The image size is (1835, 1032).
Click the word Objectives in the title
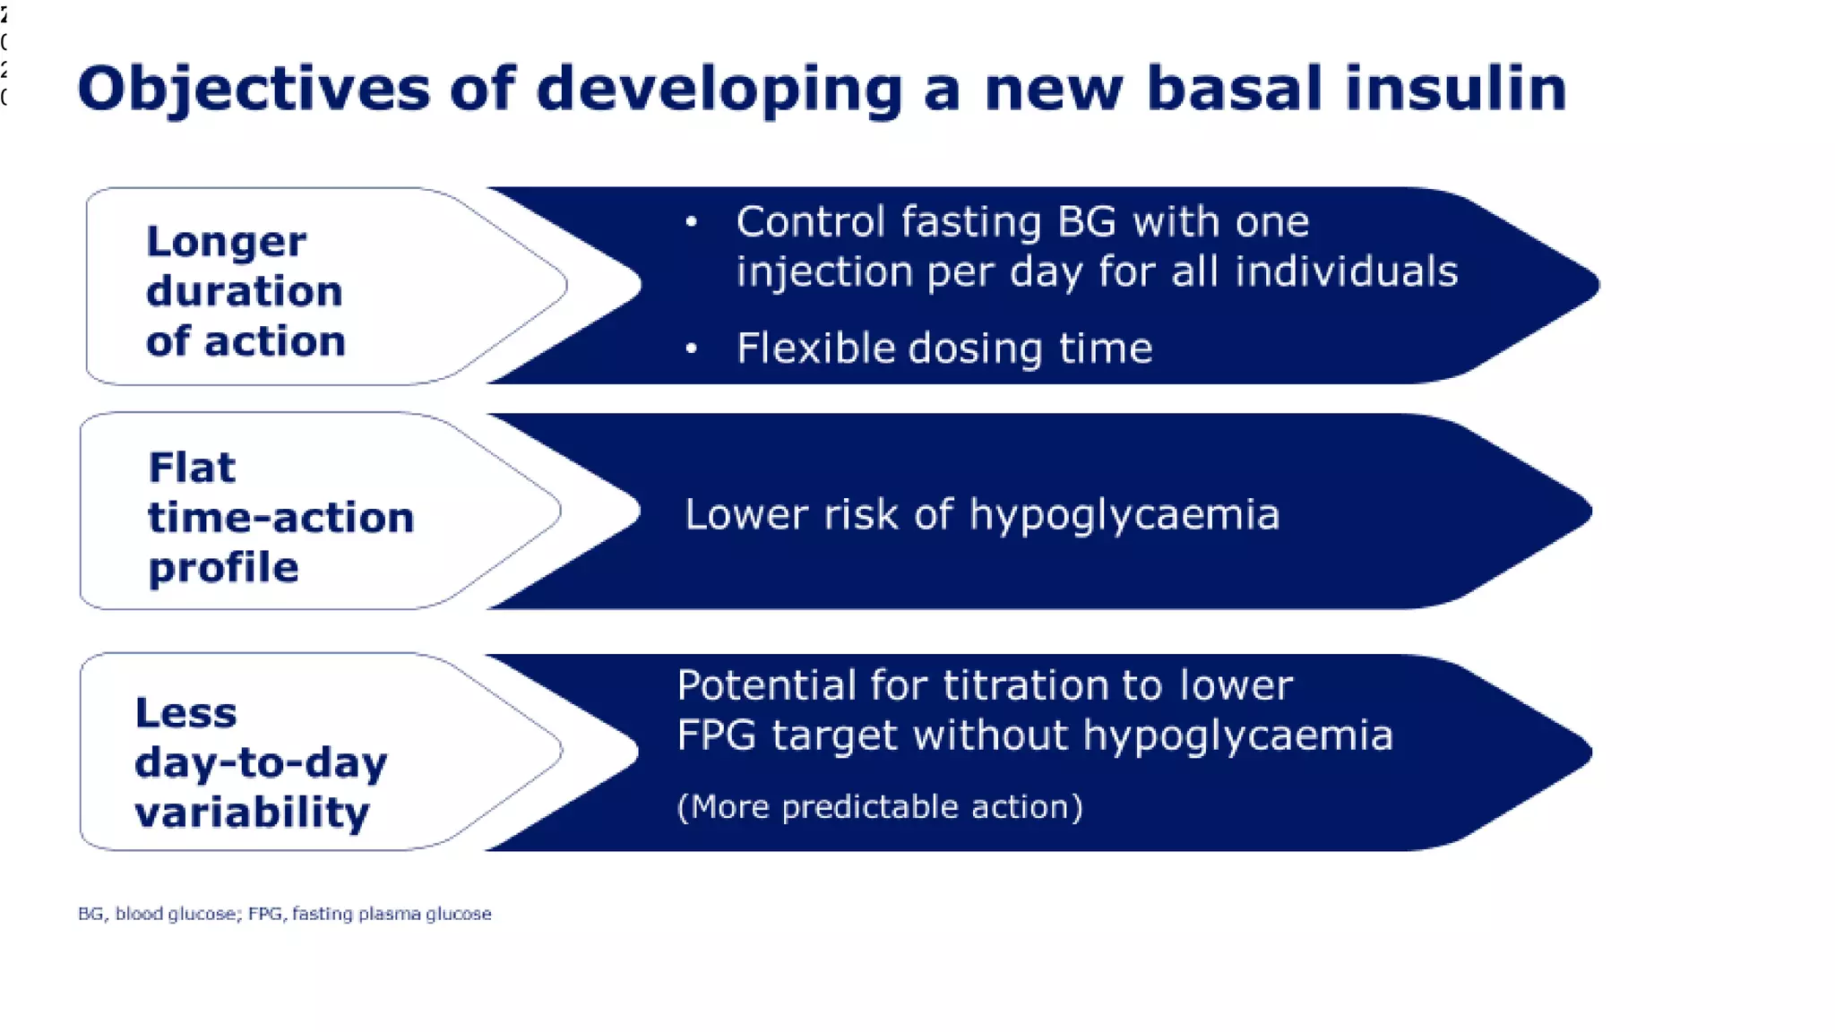(254, 90)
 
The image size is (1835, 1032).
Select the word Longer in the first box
(226, 242)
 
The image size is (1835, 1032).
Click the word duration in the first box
(244, 291)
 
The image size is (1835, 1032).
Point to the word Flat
(192, 468)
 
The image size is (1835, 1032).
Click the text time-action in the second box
(280, 518)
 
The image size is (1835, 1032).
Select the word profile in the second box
(223, 568)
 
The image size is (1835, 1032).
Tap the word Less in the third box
(185, 713)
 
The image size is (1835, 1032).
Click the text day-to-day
(261, 763)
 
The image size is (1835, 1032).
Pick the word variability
(252, 813)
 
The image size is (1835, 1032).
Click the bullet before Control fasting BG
(691, 221)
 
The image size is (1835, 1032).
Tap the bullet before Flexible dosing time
(691, 348)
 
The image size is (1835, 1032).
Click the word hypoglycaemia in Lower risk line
(1124, 515)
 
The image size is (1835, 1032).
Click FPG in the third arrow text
(716, 735)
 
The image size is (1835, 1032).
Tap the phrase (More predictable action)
(879, 806)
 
